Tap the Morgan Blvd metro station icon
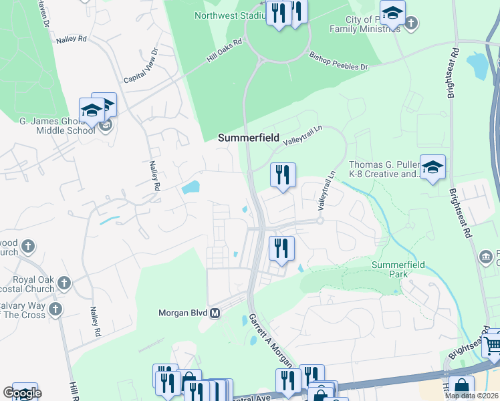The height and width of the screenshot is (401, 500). click(215, 313)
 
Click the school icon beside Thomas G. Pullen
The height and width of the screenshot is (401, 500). click(432, 167)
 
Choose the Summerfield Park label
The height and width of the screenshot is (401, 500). click(398, 270)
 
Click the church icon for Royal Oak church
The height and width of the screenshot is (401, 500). click(64, 283)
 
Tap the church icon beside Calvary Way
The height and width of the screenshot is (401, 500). click(55, 309)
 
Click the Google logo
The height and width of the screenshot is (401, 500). click(21, 393)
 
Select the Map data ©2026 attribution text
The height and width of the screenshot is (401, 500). click(471, 395)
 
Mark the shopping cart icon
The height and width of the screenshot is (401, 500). click(493, 346)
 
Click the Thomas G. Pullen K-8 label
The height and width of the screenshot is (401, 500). click(382, 170)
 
